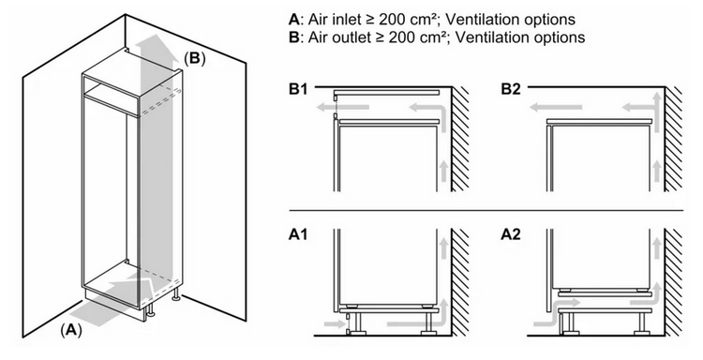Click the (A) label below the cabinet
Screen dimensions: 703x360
pos(71,330)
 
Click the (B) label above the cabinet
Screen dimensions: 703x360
pos(195,58)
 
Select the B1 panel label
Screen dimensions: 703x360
pos(298,89)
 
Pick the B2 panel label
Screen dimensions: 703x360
pos(511,89)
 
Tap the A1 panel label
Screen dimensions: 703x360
pos(298,234)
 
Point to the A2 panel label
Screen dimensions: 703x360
pos(511,234)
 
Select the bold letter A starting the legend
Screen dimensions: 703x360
pos(293,20)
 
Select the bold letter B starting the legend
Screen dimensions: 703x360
pos(293,37)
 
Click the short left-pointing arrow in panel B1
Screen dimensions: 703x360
pos(342,108)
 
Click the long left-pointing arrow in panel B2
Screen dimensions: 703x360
pos(555,108)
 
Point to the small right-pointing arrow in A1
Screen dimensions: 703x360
pos(334,322)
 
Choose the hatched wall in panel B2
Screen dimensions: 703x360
pos(673,140)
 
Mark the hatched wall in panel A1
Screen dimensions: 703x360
pos(460,282)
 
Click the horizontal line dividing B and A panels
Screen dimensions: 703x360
pos(486,210)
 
